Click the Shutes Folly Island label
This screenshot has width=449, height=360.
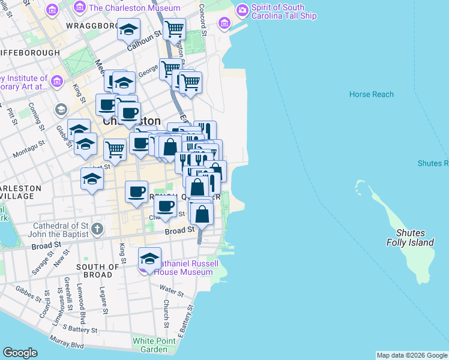[410, 238]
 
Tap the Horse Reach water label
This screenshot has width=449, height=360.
[372, 94]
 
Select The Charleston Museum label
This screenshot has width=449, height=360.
[134, 8]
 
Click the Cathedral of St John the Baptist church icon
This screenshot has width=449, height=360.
[98, 229]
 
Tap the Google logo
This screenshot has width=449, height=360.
[20, 353]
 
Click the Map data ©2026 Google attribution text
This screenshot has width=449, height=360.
[412, 355]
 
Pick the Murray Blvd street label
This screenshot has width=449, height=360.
[68, 345]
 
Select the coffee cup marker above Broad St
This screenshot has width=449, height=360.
[166, 206]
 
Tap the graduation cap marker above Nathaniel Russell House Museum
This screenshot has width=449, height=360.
[150, 258]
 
